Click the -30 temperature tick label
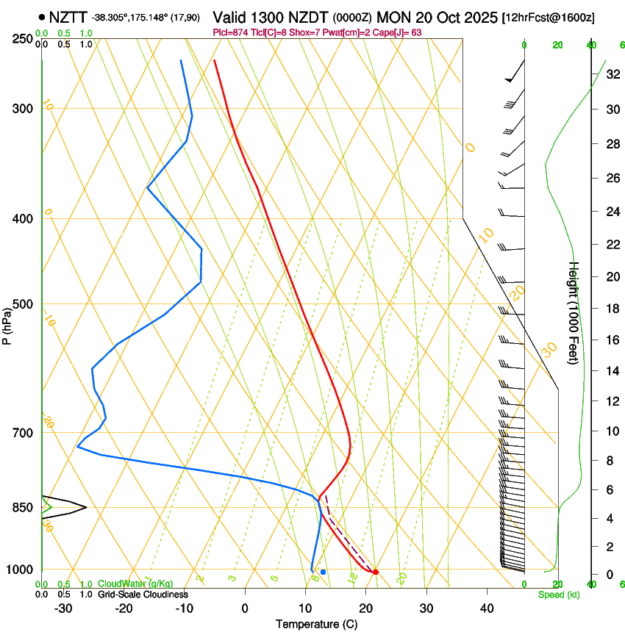pyautogui.click(x=63, y=608)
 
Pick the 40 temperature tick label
pyautogui.click(x=486, y=608)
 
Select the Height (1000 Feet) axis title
pyautogui.click(x=574, y=312)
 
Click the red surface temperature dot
pyautogui.click(x=376, y=572)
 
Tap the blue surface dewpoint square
pyautogui.click(x=323, y=572)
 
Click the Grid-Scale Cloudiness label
pyautogui.click(x=143, y=595)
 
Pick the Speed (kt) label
pyautogui.click(x=558, y=595)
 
